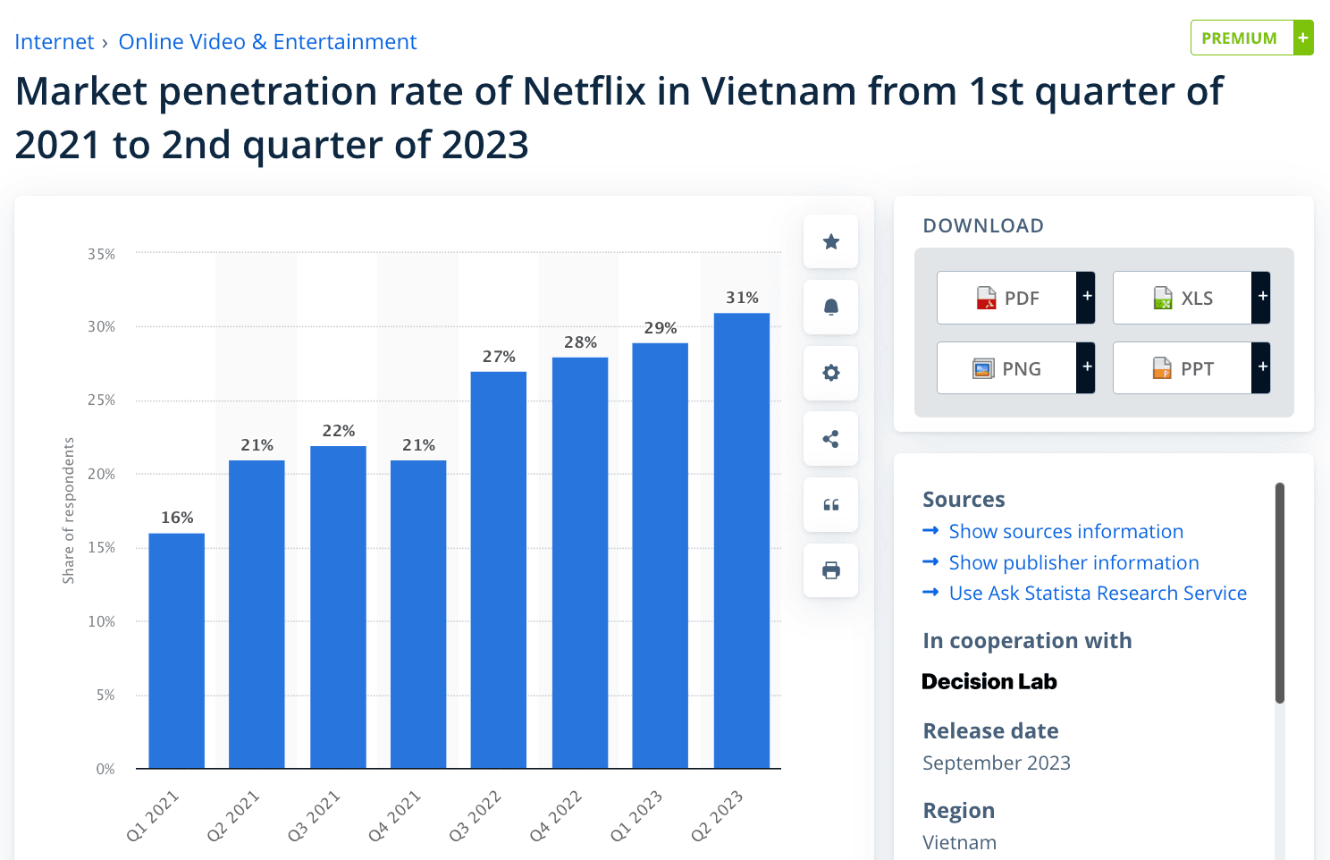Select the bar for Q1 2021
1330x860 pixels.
[176, 650]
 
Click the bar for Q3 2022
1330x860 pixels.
[499, 569]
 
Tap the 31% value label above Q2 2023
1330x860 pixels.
[742, 298]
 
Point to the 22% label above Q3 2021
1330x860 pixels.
[339, 431]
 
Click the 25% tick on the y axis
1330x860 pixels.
[101, 400]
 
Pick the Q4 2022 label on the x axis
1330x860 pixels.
[555, 815]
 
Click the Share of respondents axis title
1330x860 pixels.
[69, 510]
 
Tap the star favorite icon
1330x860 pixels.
[830, 241]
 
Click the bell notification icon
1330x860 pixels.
[830, 308]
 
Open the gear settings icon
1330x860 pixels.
[830, 373]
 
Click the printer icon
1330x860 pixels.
[830, 570]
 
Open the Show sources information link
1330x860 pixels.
[1065, 532]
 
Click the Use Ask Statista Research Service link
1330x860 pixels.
[1097, 594]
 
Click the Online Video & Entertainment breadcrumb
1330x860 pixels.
[267, 42]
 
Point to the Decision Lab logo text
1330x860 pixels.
[989, 682]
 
